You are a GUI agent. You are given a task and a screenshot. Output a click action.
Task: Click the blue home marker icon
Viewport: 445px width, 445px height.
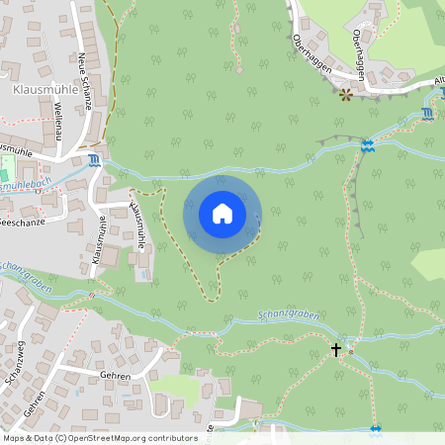(x=222, y=214)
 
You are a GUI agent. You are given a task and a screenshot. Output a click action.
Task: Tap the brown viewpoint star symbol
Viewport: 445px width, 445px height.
(x=346, y=95)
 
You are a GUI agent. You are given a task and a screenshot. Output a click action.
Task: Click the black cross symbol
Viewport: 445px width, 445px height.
(x=336, y=349)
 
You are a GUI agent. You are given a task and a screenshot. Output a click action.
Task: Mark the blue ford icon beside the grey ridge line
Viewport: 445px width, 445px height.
(x=368, y=145)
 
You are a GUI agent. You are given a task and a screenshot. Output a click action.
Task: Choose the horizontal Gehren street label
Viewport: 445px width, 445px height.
(x=116, y=377)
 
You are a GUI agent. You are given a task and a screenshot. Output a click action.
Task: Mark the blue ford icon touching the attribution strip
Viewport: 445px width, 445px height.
(x=375, y=430)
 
